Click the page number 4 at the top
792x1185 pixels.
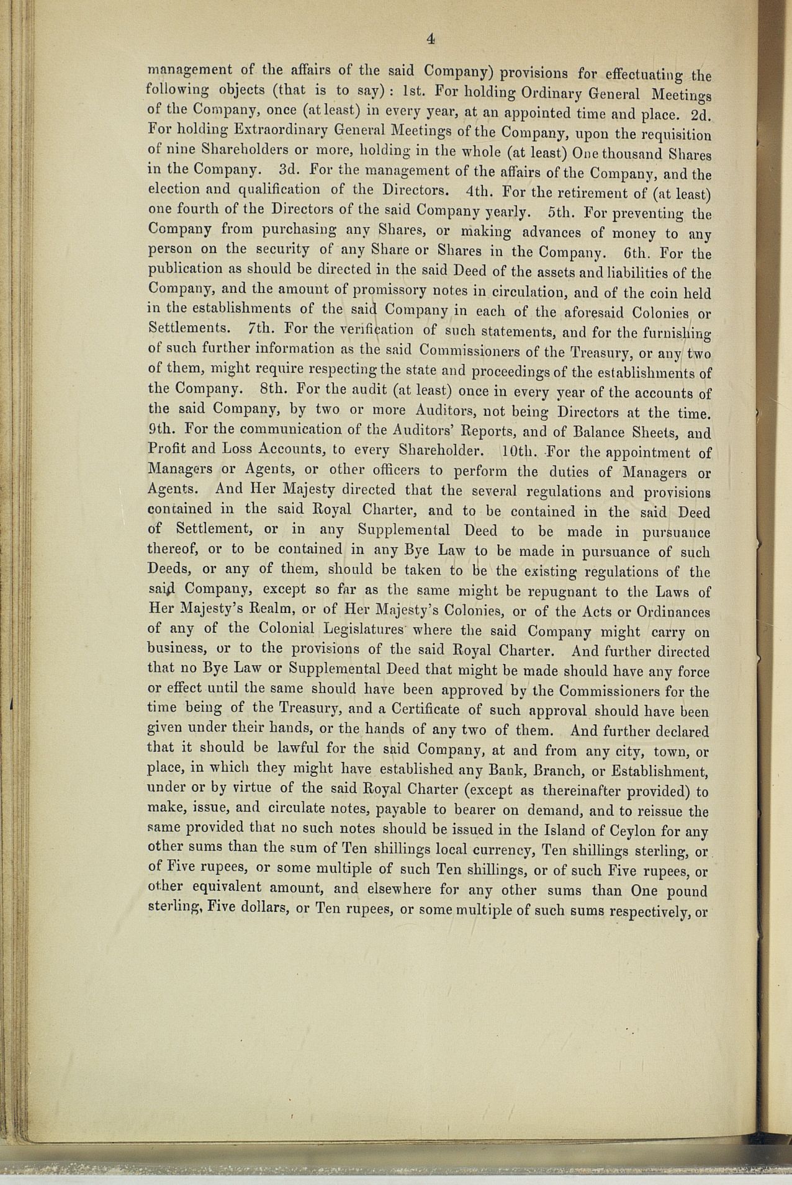click(x=430, y=39)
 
